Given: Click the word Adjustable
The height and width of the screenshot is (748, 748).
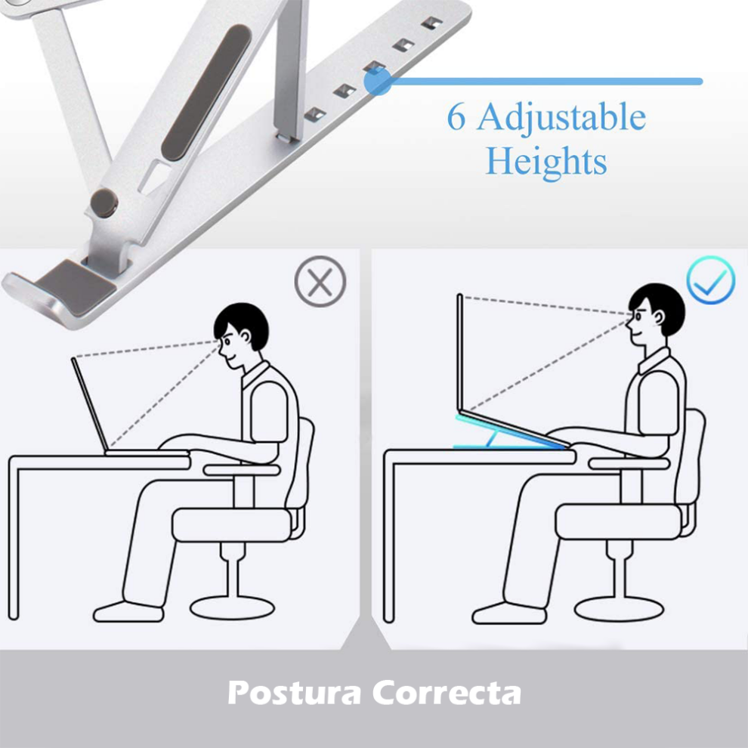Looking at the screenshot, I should point(561,119).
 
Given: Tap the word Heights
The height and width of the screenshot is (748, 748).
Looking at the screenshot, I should point(546,161).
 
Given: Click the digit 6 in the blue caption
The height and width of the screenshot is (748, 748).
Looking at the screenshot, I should point(456,119).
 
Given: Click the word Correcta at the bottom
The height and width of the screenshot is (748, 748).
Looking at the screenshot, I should point(447,692).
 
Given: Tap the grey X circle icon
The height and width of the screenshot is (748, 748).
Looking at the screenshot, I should point(320,282).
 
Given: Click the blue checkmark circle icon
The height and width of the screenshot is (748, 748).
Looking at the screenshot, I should point(710,280).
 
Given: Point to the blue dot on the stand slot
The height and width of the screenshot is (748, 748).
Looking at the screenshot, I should point(378,82).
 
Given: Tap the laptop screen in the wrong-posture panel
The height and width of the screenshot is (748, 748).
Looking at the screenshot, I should point(90,404).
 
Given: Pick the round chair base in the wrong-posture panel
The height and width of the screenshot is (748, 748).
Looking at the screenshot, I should point(232,605).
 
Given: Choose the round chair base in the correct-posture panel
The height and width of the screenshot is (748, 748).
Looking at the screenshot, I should point(618,607).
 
